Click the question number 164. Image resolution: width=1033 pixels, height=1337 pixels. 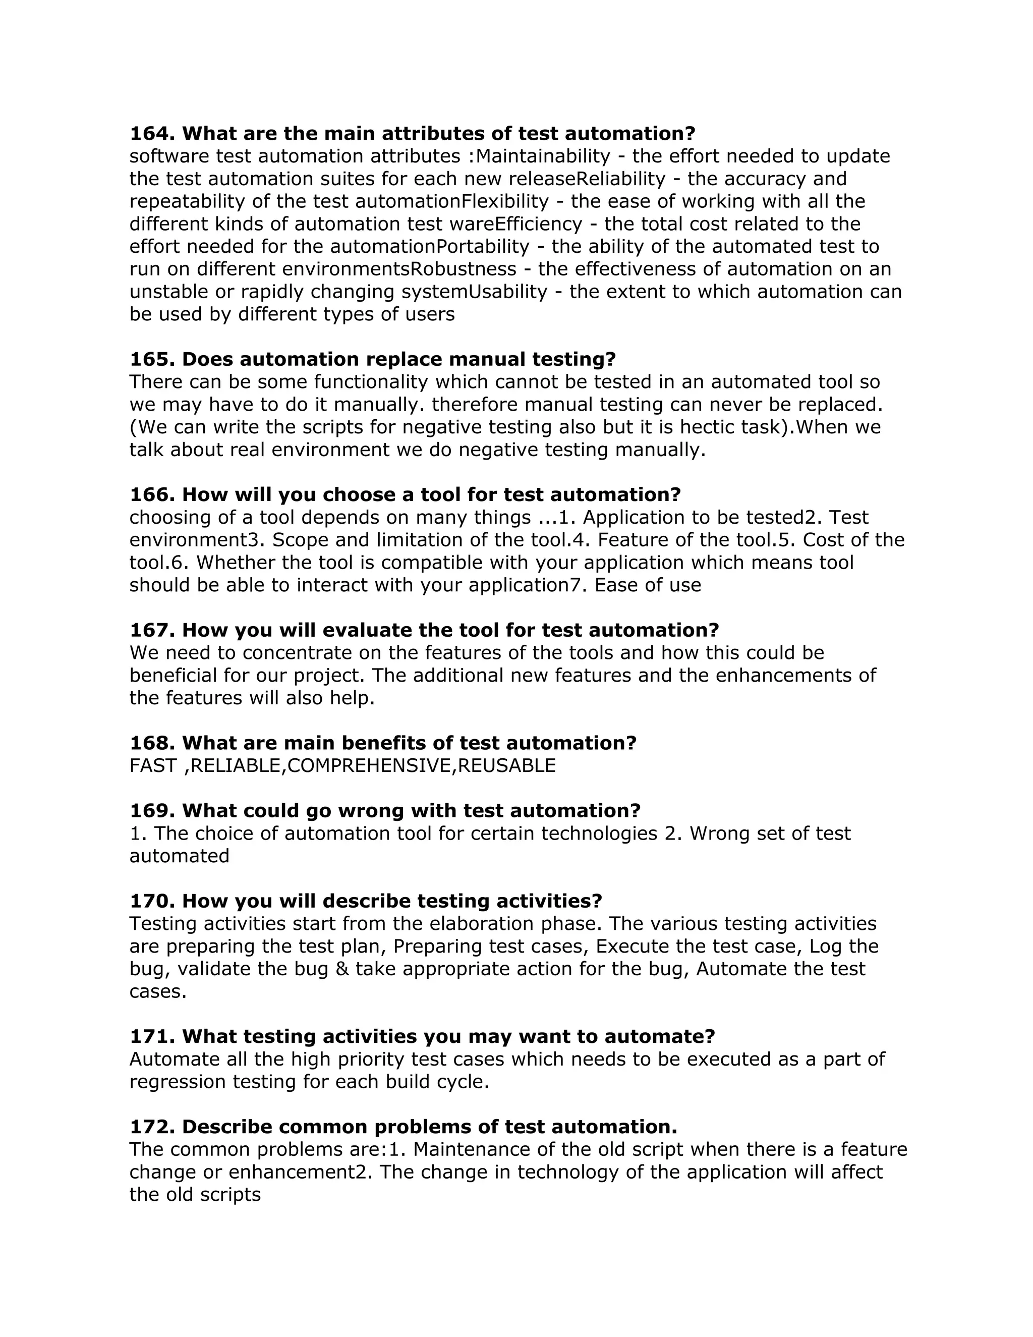point(152,134)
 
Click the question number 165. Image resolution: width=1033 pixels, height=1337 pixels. point(152,359)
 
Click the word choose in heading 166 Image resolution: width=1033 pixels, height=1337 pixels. point(358,494)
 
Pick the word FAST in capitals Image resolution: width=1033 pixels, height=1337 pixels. point(153,766)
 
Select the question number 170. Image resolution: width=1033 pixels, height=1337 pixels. point(152,901)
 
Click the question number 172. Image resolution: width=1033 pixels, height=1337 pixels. point(152,1127)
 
